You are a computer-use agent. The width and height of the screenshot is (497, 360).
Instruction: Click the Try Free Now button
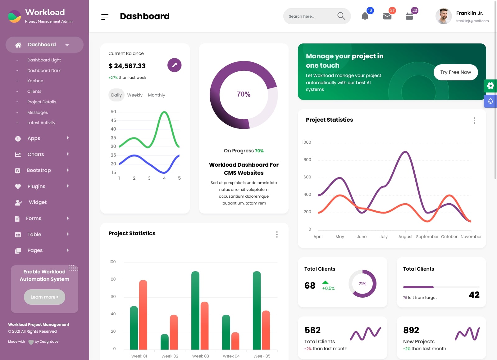click(x=455, y=72)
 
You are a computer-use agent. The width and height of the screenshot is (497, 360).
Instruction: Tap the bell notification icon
click(x=365, y=16)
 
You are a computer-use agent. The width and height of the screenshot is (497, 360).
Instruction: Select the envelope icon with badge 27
click(x=387, y=16)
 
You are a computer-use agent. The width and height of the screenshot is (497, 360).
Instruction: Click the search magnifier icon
click(x=341, y=16)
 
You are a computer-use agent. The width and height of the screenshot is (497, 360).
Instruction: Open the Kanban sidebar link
click(x=35, y=81)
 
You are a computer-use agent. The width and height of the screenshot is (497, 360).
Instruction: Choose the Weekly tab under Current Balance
click(x=135, y=95)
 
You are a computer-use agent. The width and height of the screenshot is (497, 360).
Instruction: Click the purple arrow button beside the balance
click(x=174, y=65)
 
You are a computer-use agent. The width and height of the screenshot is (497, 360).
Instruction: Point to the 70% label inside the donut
click(x=244, y=94)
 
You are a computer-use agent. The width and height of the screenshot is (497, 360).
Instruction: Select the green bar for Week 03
click(x=195, y=310)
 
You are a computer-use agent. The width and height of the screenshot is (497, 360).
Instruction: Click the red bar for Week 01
click(x=143, y=315)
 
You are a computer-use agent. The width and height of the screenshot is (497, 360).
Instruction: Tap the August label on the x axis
click(x=405, y=237)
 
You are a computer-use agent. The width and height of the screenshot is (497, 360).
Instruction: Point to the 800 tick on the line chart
click(x=307, y=160)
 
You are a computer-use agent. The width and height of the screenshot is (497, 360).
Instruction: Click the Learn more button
click(x=44, y=297)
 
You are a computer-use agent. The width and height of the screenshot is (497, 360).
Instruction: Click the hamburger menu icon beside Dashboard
click(x=105, y=17)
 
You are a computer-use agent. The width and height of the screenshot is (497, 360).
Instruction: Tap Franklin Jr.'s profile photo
click(x=444, y=16)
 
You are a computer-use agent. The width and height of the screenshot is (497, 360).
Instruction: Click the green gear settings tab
click(x=490, y=86)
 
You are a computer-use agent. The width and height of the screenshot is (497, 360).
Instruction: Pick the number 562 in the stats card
click(x=312, y=330)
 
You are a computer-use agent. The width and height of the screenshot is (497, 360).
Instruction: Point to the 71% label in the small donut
click(x=362, y=284)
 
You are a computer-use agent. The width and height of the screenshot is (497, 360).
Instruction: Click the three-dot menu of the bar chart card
click(x=277, y=235)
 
